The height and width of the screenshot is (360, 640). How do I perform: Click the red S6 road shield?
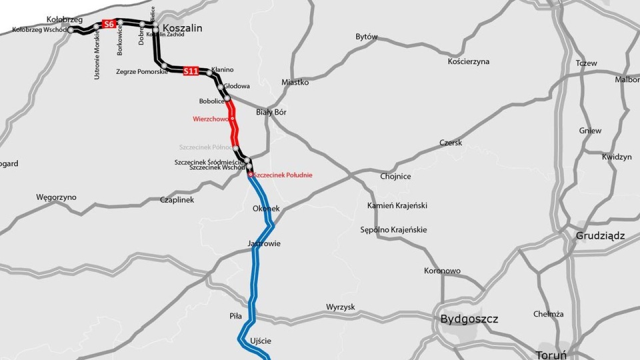(109, 25)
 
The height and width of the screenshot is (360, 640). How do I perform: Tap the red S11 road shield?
(191, 71)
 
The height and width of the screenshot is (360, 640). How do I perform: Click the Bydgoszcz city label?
(469, 319)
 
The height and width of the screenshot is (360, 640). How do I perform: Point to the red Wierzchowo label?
(210, 119)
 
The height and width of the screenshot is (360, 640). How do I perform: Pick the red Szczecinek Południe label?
(283, 175)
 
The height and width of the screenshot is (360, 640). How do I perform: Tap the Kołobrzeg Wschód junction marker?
(71, 29)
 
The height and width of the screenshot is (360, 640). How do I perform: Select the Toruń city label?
(550, 354)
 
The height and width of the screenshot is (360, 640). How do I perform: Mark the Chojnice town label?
(395, 177)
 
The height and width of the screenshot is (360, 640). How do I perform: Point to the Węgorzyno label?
(56, 197)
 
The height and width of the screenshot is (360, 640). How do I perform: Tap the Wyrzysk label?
(341, 307)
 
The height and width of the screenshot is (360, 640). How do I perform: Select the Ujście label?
(260, 341)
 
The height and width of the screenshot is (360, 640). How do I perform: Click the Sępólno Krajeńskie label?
(393, 230)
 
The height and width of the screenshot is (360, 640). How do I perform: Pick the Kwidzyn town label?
(616, 157)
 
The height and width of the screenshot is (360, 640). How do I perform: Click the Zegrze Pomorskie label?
(142, 71)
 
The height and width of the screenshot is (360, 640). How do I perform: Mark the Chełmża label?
(549, 314)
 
